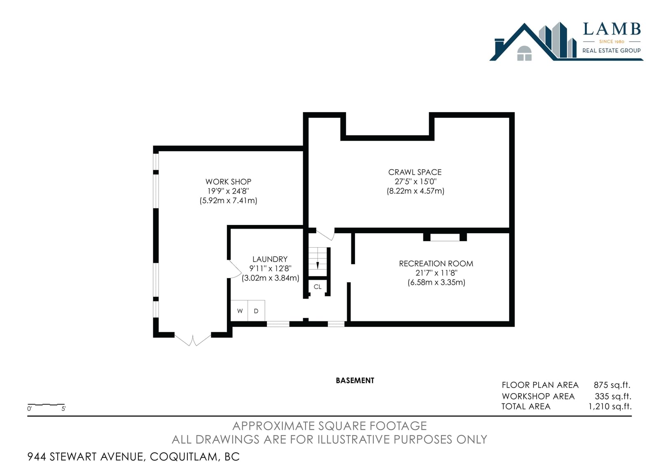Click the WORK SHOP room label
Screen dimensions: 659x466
click(x=228, y=182)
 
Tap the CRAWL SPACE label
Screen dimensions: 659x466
click(x=415, y=172)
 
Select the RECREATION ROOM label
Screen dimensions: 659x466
click(x=436, y=263)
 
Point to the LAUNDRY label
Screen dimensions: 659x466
click(x=270, y=259)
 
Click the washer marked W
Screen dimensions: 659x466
click(x=239, y=311)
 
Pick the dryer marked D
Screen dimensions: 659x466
click(x=256, y=311)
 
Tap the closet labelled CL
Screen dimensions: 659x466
click(x=318, y=287)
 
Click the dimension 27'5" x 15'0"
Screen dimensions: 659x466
click(x=416, y=181)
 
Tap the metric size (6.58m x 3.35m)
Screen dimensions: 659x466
click(x=436, y=282)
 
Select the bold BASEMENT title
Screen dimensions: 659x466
click(x=355, y=381)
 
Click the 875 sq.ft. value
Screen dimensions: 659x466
click(x=612, y=385)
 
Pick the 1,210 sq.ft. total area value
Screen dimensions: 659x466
click(x=610, y=407)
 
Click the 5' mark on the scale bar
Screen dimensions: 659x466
click(x=63, y=409)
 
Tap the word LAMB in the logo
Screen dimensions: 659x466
click(x=612, y=29)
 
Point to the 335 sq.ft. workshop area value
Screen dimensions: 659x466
click(x=613, y=396)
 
